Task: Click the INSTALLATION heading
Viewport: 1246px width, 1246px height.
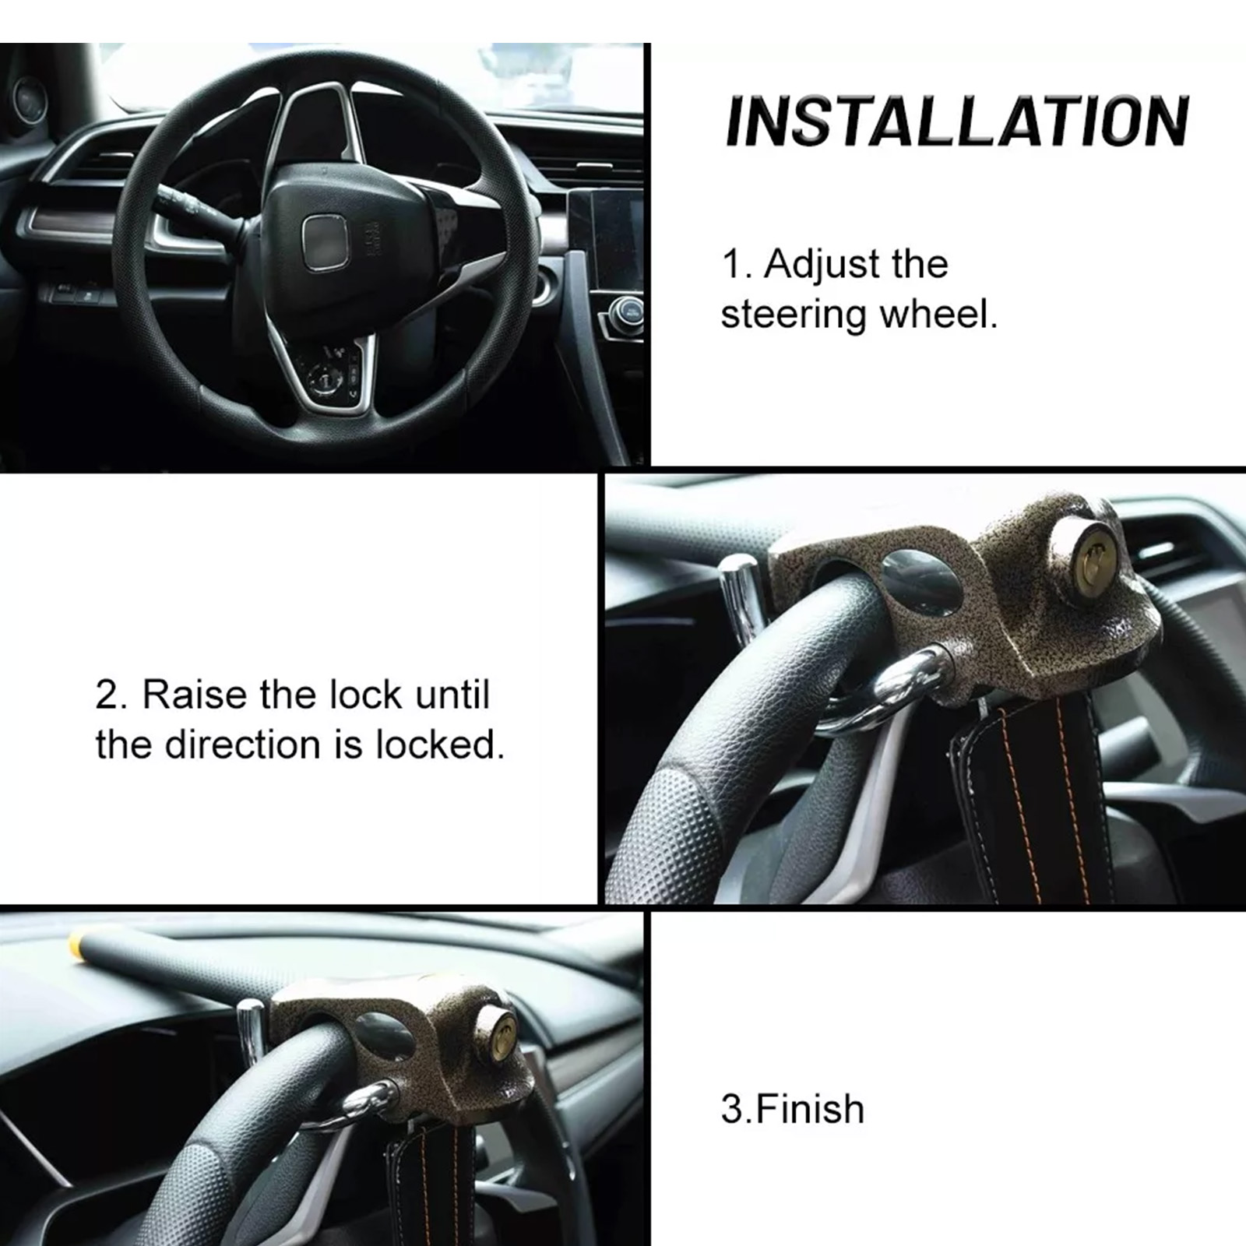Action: pos(956,121)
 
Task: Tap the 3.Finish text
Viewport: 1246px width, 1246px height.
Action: pos(793,1108)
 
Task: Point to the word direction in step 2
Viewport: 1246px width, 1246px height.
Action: pos(241,744)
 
